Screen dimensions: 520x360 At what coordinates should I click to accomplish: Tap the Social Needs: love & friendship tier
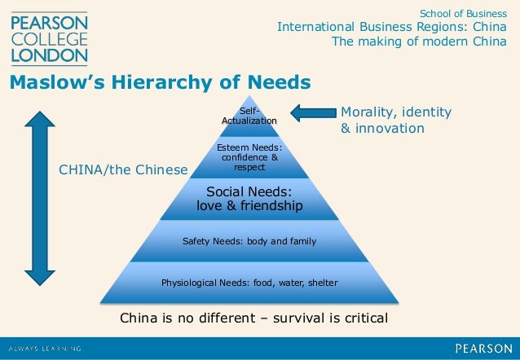coord(249,200)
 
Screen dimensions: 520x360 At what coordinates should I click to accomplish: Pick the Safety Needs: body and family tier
coord(249,241)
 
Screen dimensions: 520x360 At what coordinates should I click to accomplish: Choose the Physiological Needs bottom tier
coord(249,283)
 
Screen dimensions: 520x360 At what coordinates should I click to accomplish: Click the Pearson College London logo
coord(48,37)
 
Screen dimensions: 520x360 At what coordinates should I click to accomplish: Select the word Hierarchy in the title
coord(164,83)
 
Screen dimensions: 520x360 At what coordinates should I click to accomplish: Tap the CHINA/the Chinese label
coord(123,169)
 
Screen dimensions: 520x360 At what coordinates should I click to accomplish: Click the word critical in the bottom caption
coord(361,317)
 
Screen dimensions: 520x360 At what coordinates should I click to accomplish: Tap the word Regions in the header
coord(422,27)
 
